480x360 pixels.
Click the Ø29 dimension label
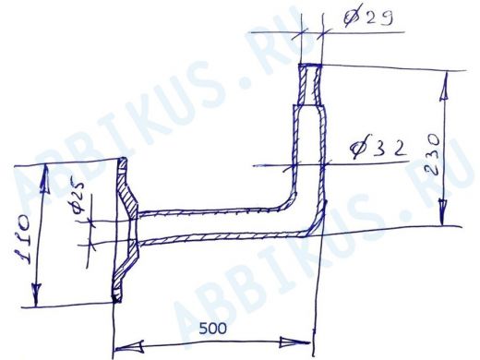[367, 17]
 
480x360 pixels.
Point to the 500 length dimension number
[212, 329]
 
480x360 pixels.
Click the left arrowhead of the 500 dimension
[128, 346]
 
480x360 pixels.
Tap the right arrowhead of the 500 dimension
[294, 342]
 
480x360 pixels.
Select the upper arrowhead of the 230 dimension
[444, 90]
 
